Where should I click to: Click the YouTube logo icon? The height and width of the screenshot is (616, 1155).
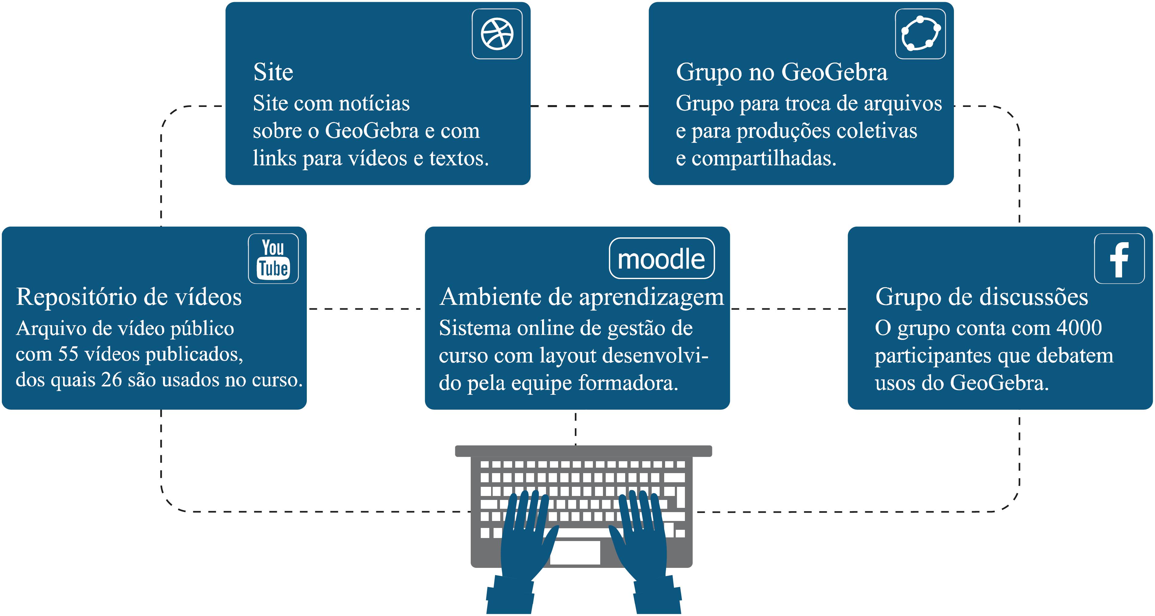(x=273, y=259)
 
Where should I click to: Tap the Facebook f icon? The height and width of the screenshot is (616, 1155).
(x=1119, y=259)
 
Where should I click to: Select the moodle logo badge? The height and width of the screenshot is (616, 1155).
(x=661, y=259)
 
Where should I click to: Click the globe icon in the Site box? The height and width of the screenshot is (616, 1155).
(x=497, y=34)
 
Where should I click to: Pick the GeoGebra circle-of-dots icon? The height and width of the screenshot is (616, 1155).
(x=920, y=34)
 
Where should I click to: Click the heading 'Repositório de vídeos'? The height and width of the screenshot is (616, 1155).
(x=129, y=297)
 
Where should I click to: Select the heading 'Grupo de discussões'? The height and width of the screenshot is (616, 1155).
(x=981, y=297)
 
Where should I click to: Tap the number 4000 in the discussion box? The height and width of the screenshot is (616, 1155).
(x=1079, y=328)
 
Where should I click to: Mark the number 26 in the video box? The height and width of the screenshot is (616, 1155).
(x=111, y=380)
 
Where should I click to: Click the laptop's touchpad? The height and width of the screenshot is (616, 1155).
(x=575, y=552)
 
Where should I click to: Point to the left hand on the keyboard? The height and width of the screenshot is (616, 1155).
(x=525, y=538)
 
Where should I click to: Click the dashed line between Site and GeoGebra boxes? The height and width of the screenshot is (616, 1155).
(x=590, y=106)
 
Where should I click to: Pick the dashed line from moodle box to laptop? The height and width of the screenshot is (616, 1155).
(x=576, y=428)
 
